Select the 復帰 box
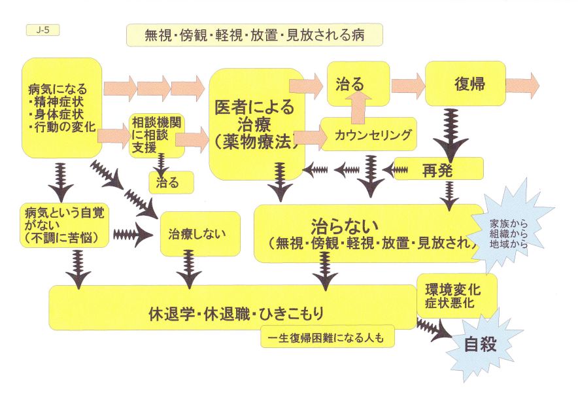click(x=464, y=84)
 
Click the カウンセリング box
click(x=368, y=135)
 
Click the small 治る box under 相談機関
click(x=172, y=182)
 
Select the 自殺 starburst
click(x=481, y=345)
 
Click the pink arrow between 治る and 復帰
click(x=407, y=84)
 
